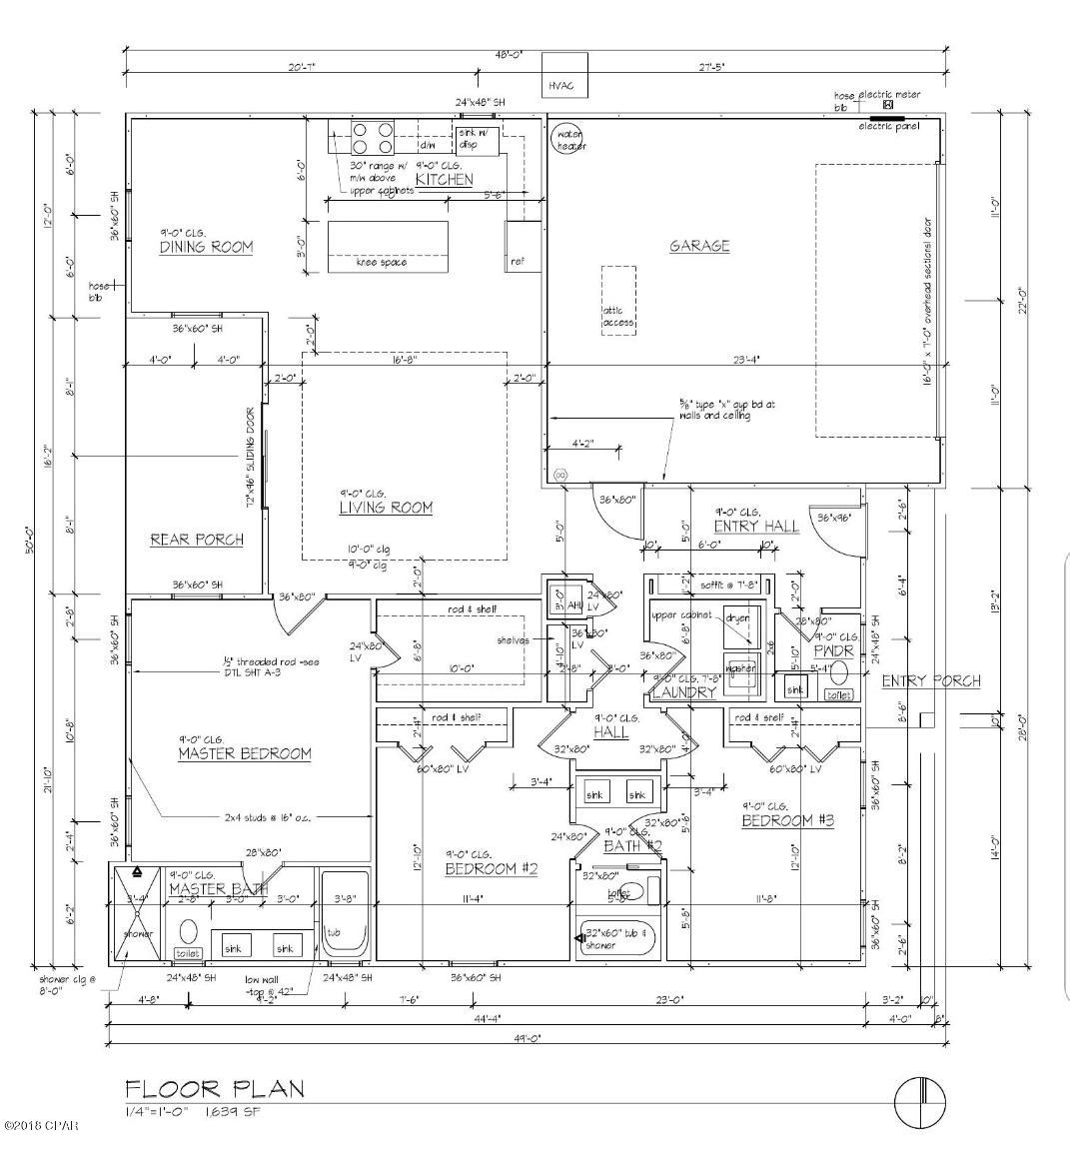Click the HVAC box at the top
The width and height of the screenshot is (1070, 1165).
tap(565, 86)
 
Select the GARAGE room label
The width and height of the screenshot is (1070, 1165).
tap(699, 246)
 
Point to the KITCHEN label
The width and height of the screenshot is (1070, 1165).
tap(444, 180)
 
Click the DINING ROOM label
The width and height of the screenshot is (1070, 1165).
tap(206, 247)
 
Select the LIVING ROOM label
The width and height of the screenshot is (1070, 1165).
tap(385, 508)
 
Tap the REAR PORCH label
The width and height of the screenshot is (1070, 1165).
tap(197, 540)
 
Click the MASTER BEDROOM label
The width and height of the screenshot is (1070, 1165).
tap(244, 753)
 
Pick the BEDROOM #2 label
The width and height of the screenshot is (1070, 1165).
tap(491, 869)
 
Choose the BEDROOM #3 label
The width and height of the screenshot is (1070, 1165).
tap(787, 820)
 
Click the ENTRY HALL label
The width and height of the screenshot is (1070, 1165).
tap(755, 527)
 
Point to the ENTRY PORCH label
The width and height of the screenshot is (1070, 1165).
tap(930, 681)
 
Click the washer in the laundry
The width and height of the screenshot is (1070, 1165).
tap(740, 670)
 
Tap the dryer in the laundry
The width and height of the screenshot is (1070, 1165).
tap(740, 619)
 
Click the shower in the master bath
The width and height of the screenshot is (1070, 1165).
tap(138, 914)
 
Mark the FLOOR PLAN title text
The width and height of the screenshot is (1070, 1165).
tap(214, 1089)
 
